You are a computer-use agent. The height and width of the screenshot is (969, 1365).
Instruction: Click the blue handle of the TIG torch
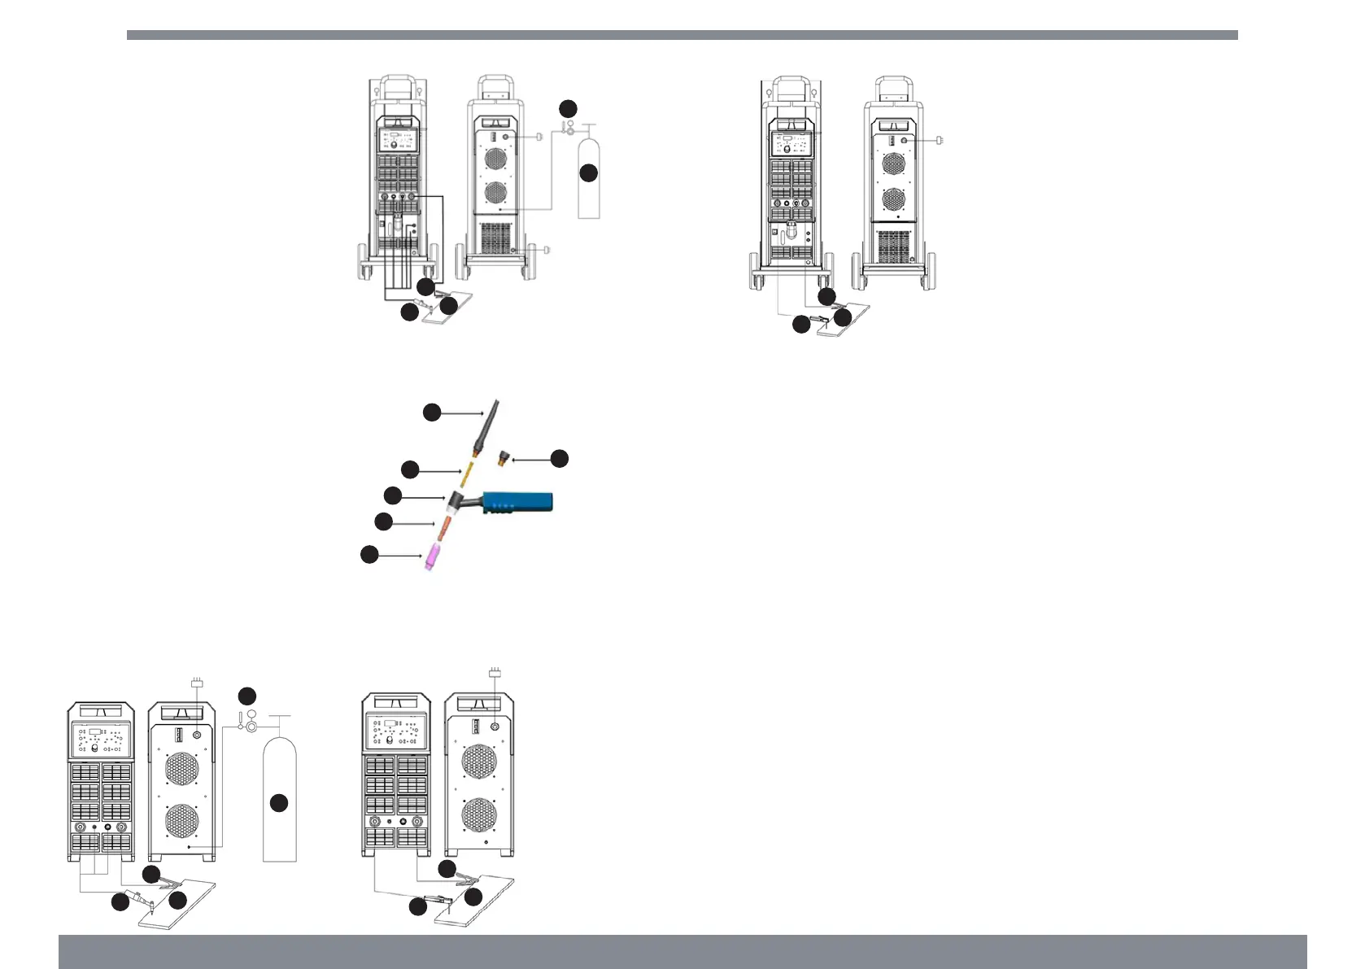(x=517, y=502)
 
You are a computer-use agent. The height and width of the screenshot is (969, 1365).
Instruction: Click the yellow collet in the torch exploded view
(x=468, y=471)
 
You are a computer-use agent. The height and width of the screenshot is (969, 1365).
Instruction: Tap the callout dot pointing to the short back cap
(x=560, y=459)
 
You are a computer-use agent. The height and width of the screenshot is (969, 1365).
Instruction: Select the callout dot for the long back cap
(x=432, y=412)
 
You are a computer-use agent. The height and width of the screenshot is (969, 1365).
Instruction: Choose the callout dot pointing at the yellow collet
(x=410, y=469)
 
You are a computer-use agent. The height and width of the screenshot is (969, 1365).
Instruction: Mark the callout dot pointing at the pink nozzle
(x=369, y=554)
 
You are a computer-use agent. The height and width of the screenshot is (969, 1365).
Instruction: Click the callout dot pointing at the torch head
(x=392, y=495)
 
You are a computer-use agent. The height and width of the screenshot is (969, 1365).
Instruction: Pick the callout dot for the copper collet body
(x=383, y=521)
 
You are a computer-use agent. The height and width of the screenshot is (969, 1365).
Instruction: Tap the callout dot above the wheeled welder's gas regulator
(x=568, y=108)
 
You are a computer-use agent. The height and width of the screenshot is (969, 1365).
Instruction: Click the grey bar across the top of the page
(x=682, y=35)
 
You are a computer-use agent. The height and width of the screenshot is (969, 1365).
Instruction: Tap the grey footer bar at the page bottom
(x=682, y=951)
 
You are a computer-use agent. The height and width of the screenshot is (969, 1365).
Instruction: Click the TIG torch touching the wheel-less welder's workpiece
(x=143, y=902)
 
